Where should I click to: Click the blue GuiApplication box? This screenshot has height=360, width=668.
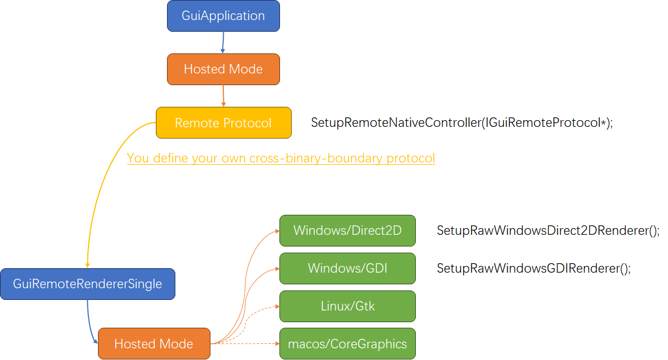pyautogui.click(x=223, y=16)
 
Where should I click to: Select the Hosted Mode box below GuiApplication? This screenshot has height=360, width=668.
pyautogui.click(x=223, y=69)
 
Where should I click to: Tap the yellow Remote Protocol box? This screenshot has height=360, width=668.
pyautogui.click(x=223, y=122)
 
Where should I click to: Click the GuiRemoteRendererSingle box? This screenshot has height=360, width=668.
pyautogui.click(x=87, y=284)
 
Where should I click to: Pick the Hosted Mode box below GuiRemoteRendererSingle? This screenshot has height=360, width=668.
pyautogui.click(x=154, y=343)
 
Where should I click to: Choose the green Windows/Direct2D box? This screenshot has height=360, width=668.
pyautogui.click(x=347, y=230)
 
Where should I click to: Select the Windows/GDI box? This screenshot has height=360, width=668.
pyautogui.click(x=347, y=268)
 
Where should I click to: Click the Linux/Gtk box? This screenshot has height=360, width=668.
pyautogui.click(x=347, y=306)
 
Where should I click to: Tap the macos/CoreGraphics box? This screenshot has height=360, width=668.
pyautogui.click(x=347, y=344)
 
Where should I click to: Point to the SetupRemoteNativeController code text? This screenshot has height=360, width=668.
pyautogui.click(x=461, y=123)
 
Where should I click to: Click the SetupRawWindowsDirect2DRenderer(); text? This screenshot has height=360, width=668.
pyautogui.click(x=548, y=230)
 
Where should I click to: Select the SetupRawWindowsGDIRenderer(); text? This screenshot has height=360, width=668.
pyautogui.click(x=533, y=269)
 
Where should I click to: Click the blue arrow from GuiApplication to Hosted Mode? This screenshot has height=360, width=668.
pyautogui.click(x=223, y=42)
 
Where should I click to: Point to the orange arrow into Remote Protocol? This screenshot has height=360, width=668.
pyautogui.click(x=223, y=96)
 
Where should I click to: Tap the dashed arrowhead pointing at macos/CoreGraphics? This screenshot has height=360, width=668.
pyautogui.click(x=275, y=343)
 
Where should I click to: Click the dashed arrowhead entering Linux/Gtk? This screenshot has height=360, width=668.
pyautogui.click(x=275, y=307)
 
